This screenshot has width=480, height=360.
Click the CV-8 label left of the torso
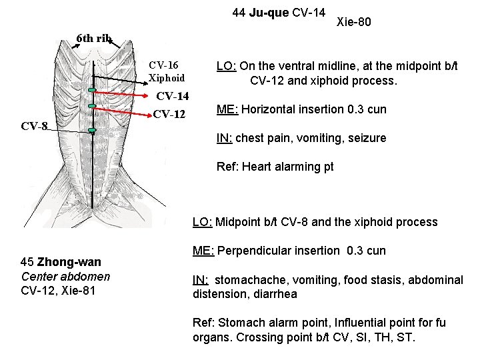pyautogui.click(x=34, y=125)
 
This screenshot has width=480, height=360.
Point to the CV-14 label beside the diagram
pyautogui.click(x=173, y=98)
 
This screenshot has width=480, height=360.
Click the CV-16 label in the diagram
pyautogui.click(x=163, y=65)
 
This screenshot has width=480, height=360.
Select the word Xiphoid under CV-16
pyautogui.click(x=167, y=78)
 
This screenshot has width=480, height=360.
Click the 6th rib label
pyautogui.click(x=94, y=38)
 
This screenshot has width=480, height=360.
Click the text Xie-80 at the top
pyautogui.click(x=355, y=23)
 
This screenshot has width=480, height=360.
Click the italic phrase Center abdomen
pyautogui.click(x=65, y=276)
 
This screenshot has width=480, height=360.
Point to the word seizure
pyautogui.click(x=367, y=138)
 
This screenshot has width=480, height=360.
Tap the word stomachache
pyautogui.click(x=251, y=280)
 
